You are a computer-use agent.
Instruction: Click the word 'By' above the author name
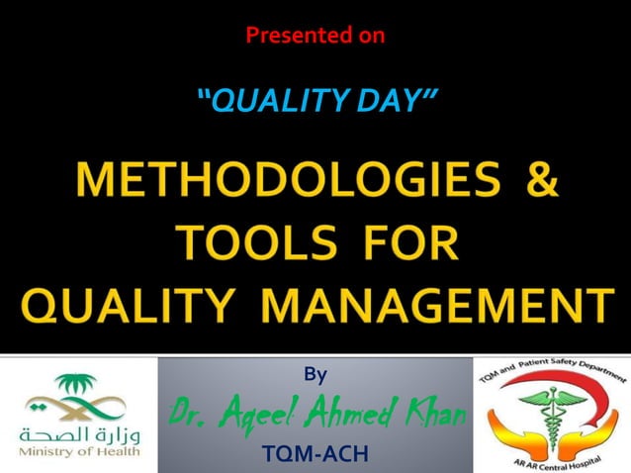(315, 374)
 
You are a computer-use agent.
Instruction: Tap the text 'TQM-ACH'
(315, 454)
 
